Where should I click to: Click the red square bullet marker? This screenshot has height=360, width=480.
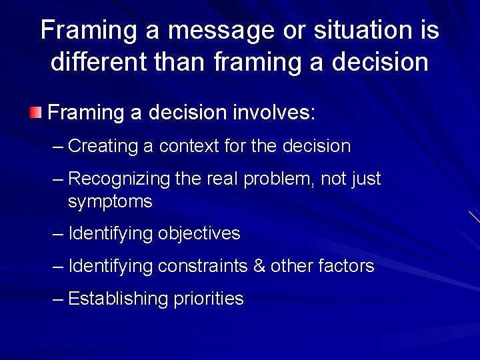(x=35, y=111)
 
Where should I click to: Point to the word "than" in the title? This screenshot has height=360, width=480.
(x=181, y=62)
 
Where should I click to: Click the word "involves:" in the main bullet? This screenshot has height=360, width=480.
(x=273, y=112)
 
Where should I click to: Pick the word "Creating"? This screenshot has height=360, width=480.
(x=103, y=146)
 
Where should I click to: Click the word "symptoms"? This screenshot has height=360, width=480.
(x=110, y=201)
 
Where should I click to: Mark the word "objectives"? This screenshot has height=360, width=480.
(x=199, y=234)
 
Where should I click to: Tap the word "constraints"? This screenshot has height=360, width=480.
(x=203, y=267)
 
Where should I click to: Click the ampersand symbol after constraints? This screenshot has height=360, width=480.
(x=259, y=267)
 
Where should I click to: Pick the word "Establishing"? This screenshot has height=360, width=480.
(x=119, y=299)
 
